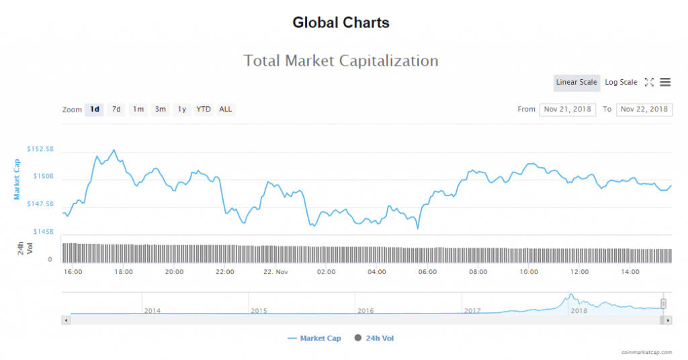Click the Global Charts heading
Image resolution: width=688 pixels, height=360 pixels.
[x=341, y=23]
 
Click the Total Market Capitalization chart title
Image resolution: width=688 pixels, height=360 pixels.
[x=341, y=61]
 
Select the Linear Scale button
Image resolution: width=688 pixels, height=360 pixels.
[x=576, y=82]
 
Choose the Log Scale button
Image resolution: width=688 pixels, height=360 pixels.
[x=621, y=82]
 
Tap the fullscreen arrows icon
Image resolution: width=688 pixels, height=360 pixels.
[x=649, y=82]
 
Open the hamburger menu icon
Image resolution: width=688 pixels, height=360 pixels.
[x=665, y=82]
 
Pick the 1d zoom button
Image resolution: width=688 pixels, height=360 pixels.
[x=95, y=109]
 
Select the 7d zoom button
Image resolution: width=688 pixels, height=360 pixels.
[x=116, y=109]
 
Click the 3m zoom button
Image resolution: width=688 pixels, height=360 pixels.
[x=160, y=109]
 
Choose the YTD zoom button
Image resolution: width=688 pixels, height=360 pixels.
[x=204, y=109]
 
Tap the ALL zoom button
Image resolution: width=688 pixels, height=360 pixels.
[x=226, y=109]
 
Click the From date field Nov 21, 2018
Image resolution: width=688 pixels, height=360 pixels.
[x=567, y=109]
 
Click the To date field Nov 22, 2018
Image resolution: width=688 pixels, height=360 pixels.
[x=644, y=109]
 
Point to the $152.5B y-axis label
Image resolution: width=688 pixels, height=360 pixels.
[x=40, y=148]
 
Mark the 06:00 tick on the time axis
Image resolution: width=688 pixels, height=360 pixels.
[x=427, y=272]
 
